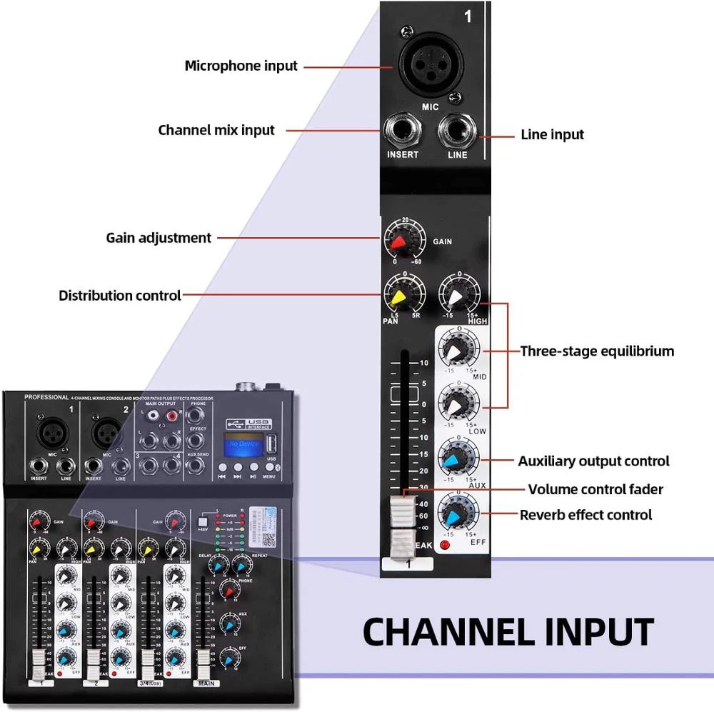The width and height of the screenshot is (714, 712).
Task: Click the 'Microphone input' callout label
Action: click(241, 66)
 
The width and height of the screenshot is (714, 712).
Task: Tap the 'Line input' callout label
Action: click(552, 134)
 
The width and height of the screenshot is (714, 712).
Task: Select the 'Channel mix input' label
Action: click(216, 130)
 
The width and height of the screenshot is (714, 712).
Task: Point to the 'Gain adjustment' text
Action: click(159, 238)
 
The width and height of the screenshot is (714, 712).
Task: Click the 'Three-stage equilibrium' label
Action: click(597, 351)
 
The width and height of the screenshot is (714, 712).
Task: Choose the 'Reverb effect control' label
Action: click(585, 515)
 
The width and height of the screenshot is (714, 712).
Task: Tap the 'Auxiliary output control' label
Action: click(593, 461)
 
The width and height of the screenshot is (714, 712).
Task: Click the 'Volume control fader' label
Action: click(595, 489)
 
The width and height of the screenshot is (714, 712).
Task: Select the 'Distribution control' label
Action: click(119, 295)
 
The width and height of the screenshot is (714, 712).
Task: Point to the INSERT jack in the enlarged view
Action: click(402, 131)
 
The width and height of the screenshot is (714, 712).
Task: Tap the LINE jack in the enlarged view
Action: click(457, 131)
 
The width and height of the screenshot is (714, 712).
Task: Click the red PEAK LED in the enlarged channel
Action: click(446, 548)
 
